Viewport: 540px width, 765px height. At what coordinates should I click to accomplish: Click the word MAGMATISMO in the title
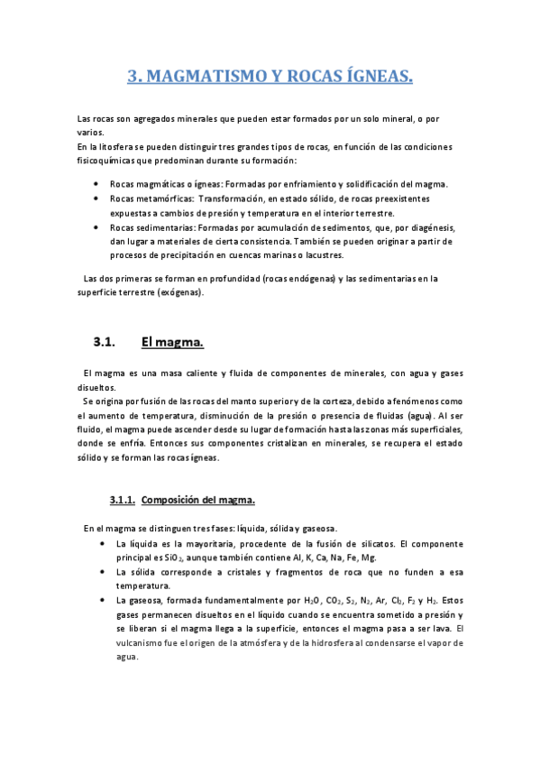click(188, 78)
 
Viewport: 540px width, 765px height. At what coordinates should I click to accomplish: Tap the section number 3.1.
click(106, 342)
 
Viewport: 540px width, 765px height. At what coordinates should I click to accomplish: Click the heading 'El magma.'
click(173, 342)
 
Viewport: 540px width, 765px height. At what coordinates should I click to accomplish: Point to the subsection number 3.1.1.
click(122, 499)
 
